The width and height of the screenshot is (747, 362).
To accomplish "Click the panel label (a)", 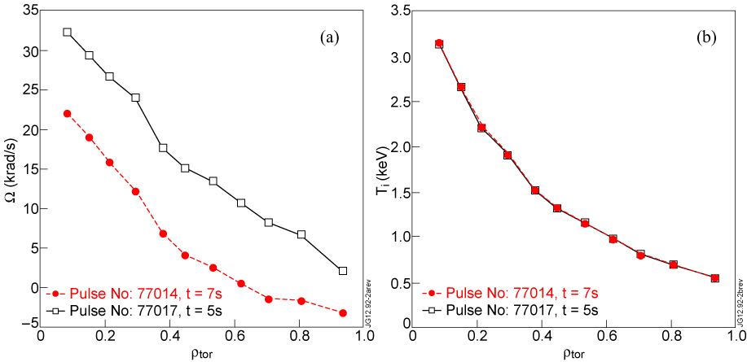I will (x=329, y=37).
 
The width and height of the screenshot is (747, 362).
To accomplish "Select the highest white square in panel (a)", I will (x=67, y=33).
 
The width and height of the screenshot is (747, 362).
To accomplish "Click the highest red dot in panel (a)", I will (x=67, y=113).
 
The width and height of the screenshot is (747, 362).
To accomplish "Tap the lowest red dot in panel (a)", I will (x=343, y=312).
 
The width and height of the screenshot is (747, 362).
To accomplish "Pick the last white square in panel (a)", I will (x=343, y=271).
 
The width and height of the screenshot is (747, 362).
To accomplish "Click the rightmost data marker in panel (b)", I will (x=714, y=278).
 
